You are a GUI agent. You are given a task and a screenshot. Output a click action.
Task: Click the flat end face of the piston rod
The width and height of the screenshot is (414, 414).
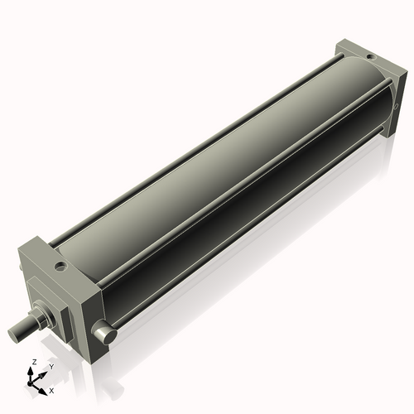point(14,334)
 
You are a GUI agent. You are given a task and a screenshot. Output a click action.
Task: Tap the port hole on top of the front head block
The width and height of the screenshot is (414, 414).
point(60,267)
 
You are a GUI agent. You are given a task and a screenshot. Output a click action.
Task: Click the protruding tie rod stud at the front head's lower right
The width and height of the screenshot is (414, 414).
point(103,334)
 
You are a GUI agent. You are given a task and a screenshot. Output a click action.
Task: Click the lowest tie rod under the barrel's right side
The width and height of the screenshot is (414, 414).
point(248,240)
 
